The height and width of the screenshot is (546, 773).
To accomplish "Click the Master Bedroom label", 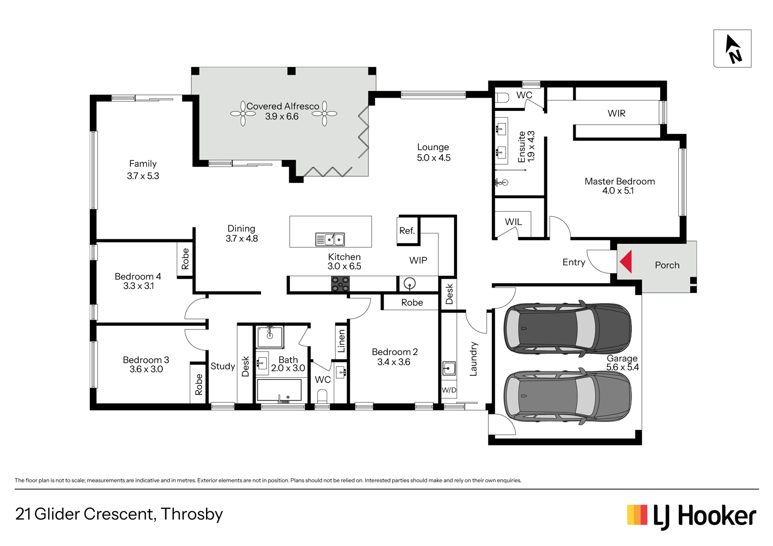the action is [620, 181].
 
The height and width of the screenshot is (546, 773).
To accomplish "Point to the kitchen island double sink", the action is [330, 239].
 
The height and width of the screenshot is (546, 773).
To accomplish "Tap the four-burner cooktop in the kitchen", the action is [340, 284].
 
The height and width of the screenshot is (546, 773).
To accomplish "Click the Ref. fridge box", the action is [407, 231].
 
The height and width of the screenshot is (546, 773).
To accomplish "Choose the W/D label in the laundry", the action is [449, 390].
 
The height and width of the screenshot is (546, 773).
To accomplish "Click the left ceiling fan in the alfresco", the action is [243, 113].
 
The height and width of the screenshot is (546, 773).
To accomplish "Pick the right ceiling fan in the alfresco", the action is [324, 113].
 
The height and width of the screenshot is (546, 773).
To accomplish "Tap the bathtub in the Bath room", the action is [279, 390].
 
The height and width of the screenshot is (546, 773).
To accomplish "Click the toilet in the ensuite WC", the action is [502, 98].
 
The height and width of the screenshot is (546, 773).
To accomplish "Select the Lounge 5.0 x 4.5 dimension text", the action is [434, 158].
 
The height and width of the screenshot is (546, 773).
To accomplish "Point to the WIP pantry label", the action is [418, 260].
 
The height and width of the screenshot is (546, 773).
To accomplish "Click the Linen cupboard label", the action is [341, 341].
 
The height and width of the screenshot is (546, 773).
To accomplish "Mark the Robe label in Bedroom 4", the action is [185, 259].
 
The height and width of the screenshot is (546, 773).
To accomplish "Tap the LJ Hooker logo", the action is [692, 516].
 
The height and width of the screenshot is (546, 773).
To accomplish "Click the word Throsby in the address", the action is [192, 515].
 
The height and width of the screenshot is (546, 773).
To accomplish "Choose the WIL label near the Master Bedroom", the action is [513, 222].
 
